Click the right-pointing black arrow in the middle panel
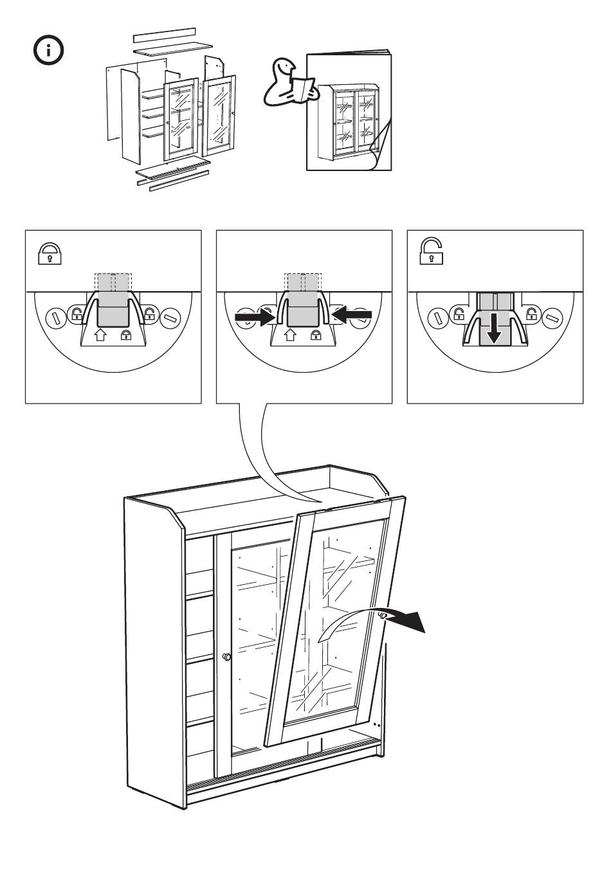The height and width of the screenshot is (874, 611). [254, 317]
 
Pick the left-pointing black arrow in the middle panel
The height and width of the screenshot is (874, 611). [352, 315]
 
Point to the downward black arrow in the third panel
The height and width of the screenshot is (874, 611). [494, 328]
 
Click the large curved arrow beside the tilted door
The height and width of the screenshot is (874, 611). [379, 621]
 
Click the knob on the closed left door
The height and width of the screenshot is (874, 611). [226, 657]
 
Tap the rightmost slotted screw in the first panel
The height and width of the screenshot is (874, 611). [171, 316]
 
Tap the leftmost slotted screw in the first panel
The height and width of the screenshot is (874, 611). [56, 316]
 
